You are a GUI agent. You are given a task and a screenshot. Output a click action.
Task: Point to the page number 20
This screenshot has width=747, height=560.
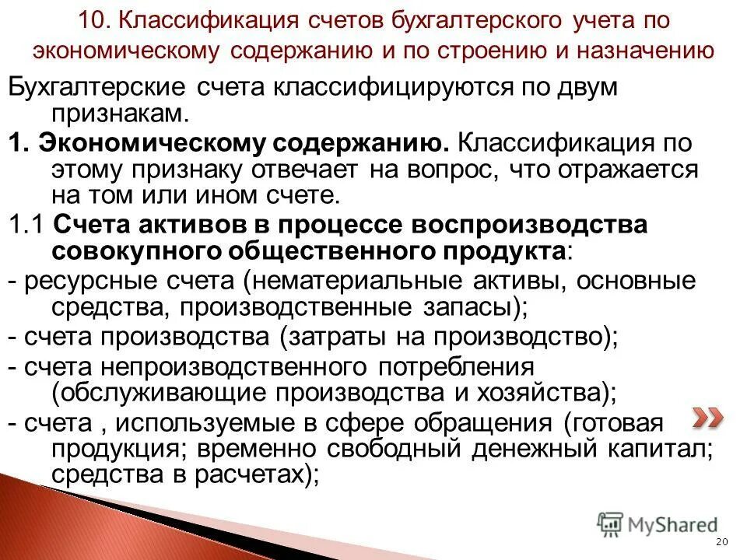pyautogui.click(x=721, y=542)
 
